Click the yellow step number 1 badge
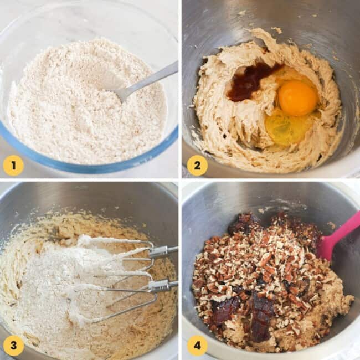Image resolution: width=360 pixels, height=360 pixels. [13, 165]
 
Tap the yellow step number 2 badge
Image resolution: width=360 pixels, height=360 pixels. [197, 165]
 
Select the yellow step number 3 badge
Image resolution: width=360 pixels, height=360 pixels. [13, 346]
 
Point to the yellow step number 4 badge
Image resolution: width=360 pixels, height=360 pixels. [197, 346]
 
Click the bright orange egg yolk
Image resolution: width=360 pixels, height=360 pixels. [297, 98]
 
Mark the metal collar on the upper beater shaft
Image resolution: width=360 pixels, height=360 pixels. [158, 252]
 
